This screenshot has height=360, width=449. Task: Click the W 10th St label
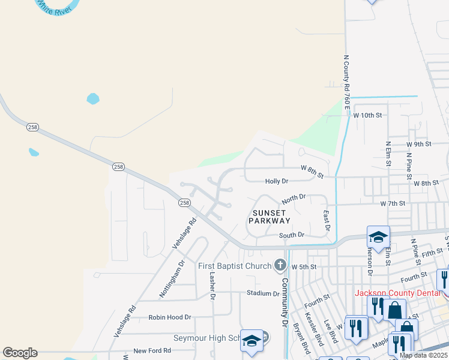367,115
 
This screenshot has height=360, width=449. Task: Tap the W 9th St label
418,144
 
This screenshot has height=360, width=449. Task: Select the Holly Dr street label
277,181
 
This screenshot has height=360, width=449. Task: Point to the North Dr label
294,197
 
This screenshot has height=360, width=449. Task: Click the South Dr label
292,235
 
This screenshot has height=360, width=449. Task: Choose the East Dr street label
327,220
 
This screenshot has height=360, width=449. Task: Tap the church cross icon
280,265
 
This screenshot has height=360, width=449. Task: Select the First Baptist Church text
235,266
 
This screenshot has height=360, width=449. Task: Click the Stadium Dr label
263,293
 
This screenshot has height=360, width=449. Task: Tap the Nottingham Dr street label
173,278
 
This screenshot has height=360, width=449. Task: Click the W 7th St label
393,204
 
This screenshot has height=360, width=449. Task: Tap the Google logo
20,353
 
